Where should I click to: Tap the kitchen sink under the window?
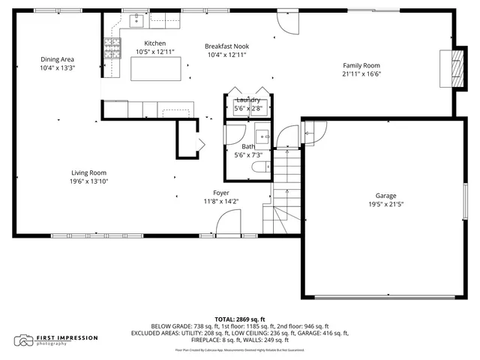pyautogui.click(x=137, y=20)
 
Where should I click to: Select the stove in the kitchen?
pyautogui.click(x=112, y=49)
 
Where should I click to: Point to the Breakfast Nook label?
pyautogui.click(x=226, y=46)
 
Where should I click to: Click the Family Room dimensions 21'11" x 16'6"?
pyautogui.click(x=361, y=74)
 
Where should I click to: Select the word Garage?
pyautogui.click(x=386, y=196)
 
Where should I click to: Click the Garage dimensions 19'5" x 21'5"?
pyautogui.click(x=386, y=205)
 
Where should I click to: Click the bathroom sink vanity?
pyautogui.click(x=262, y=136)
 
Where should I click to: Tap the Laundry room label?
pyautogui.click(x=247, y=100)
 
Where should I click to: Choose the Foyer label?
pyautogui.click(x=220, y=193)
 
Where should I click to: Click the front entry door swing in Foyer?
pyautogui.click(x=227, y=223)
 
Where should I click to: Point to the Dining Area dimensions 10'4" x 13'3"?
pyautogui.click(x=58, y=68)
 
